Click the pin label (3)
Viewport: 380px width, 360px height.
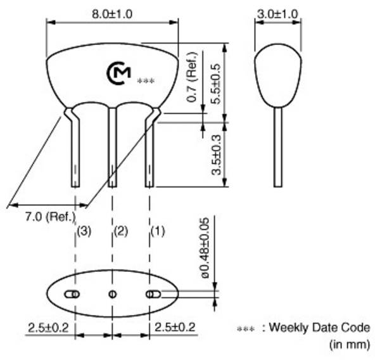coord(84,231)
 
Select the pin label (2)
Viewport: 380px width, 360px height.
coord(120,231)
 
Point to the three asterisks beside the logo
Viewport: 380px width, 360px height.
coord(146,82)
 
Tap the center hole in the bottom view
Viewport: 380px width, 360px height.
coord(113,293)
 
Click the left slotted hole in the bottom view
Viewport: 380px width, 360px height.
coord(72,293)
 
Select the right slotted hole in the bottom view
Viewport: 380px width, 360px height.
coord(152,293)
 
